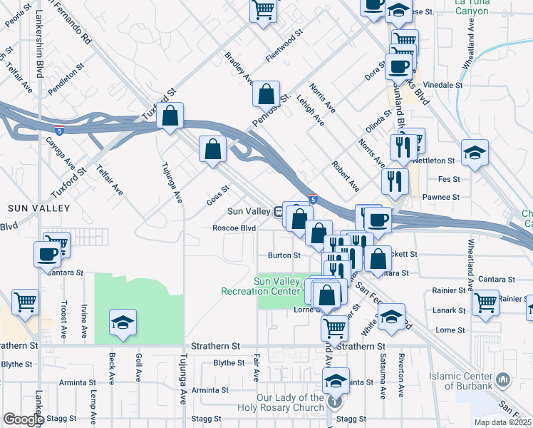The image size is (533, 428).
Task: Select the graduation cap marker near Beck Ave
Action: pyautogui.click(x=123, y=322)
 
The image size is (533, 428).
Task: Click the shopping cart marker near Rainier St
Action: pyautogui.click(x=485, y=300)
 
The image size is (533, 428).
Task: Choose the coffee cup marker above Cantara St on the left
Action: pyautogui.click(x=48, y=253)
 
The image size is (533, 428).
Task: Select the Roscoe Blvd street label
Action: pyautogui.click(x=234, y=228)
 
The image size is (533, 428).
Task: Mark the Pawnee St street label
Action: pyautogui.click(x=441, y=196)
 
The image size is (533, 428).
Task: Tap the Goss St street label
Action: pyautogui.click(x=217, y=195)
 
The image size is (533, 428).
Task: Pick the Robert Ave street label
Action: pyautogui.click(x=346, y=176)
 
